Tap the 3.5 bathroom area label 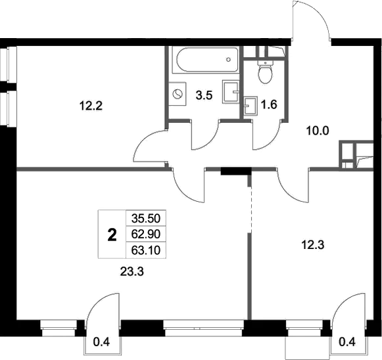coord(204,95)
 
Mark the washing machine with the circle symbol coord(177,94)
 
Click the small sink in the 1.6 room coord(250,105)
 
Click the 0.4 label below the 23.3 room coord(102,342)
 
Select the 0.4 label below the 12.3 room coord(347,342)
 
